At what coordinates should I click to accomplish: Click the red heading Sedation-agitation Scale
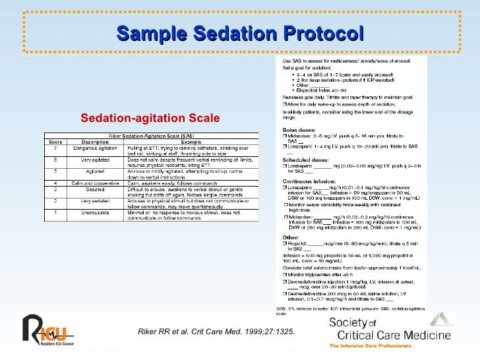150,119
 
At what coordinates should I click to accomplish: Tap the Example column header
191,141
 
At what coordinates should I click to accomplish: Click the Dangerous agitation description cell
95,148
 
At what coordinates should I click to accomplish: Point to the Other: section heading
291,237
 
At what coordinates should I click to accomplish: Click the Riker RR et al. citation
216,331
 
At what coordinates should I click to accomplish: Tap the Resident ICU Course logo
47,332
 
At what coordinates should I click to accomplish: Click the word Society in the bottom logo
349,323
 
